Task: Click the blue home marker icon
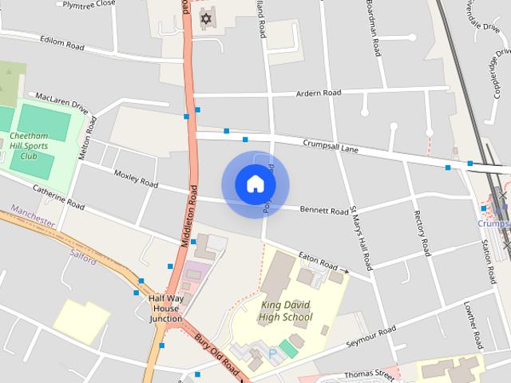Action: pos(255,184)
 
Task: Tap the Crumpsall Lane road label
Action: pos(331,146)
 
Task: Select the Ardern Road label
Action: pos(319,93)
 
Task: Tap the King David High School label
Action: pos(285,310)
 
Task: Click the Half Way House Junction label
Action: pos(166,309)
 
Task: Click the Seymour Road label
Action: pos(370,339)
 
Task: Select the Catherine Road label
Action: pos(58,197)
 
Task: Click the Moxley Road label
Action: pos(136,177)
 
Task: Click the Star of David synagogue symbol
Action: pos(208,18)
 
